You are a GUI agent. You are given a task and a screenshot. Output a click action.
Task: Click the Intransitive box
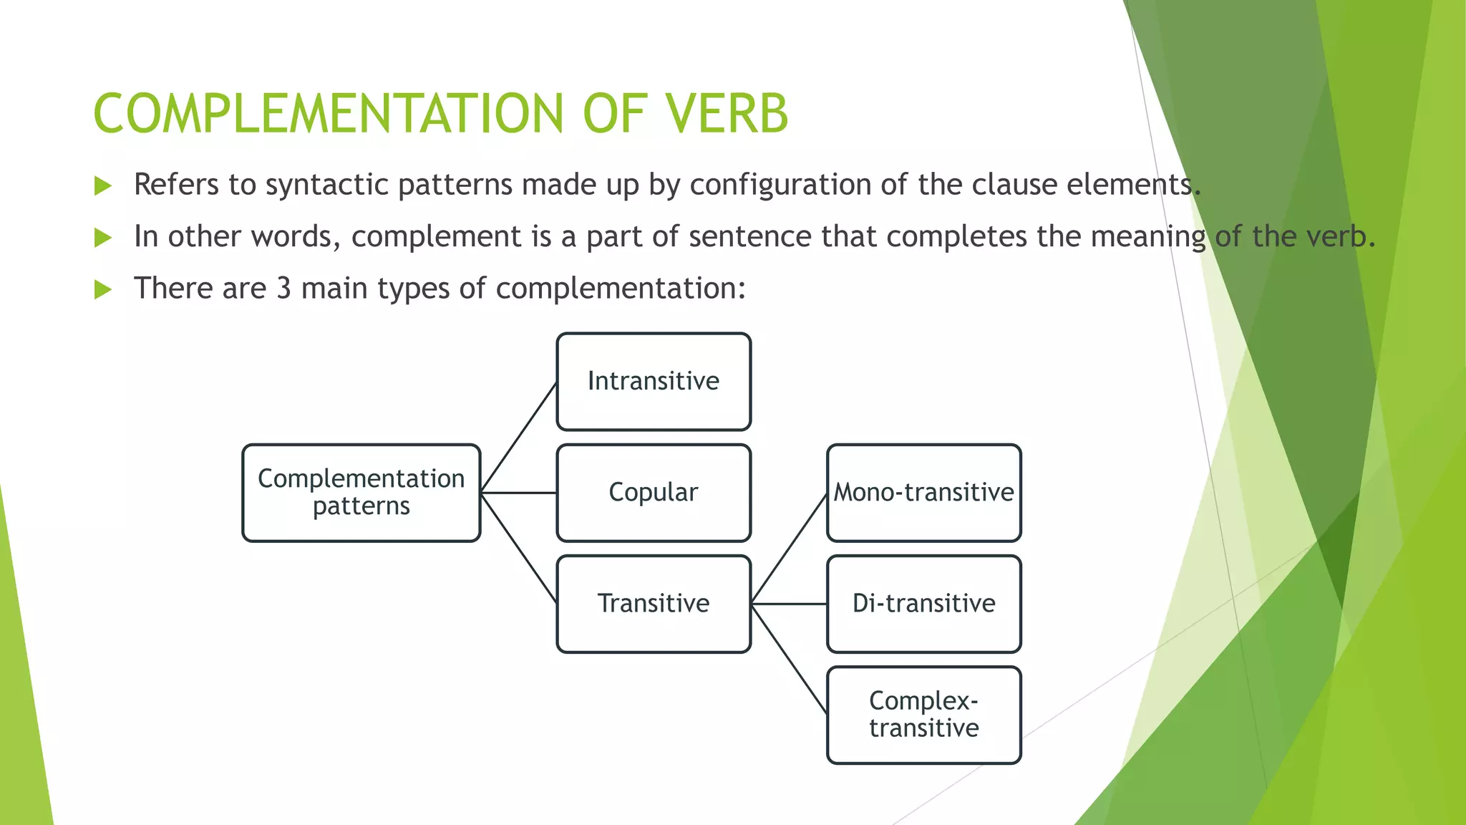654,382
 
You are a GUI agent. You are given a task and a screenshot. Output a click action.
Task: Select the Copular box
654,493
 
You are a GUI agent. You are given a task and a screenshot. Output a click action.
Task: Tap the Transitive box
654,604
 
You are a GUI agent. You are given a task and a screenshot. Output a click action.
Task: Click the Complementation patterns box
361,493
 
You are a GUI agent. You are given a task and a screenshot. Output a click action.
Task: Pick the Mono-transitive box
923,493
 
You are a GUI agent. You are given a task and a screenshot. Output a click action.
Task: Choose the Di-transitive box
923,604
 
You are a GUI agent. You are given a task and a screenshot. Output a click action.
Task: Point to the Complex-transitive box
923,715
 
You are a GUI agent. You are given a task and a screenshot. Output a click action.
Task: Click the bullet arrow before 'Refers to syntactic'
103,186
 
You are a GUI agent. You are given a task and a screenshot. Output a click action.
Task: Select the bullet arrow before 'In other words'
103,238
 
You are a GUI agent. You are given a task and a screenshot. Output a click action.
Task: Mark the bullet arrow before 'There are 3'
103,290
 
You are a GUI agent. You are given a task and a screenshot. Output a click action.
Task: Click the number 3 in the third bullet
283,289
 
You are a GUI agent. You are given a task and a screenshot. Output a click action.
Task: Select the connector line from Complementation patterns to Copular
518,493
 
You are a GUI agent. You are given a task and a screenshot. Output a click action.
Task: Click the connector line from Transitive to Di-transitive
789,604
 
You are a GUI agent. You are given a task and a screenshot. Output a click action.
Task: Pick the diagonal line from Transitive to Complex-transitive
789,659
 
